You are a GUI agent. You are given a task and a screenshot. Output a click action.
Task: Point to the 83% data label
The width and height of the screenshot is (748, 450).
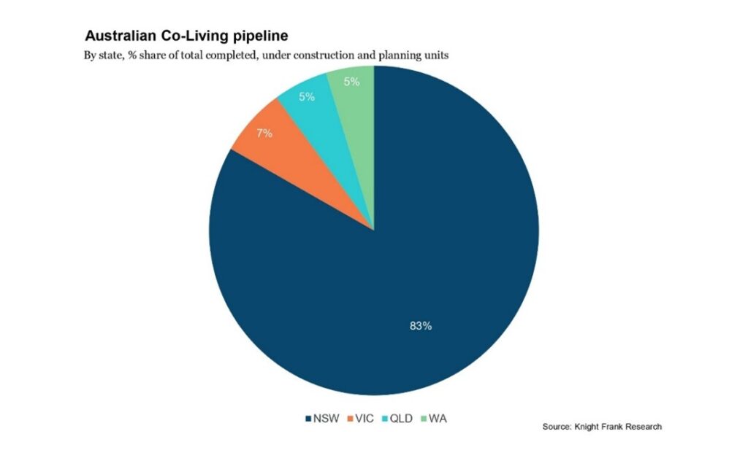click(x=420, y=326)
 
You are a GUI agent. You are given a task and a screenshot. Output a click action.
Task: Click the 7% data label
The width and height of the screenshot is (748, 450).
click(x=264, y=133)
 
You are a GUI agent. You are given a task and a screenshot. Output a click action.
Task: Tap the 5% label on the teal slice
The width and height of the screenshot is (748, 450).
click(x=307, y=96)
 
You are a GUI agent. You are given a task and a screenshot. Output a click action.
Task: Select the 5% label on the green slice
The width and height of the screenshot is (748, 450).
click(x=351, y=82)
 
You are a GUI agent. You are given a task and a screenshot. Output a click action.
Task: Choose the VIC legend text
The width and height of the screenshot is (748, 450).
click(x=366, y=419)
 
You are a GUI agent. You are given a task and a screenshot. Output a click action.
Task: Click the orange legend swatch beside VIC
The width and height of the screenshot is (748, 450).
click(x=351, y=419)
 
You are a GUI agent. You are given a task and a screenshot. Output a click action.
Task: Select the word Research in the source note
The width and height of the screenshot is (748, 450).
click(x=644, y=427)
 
